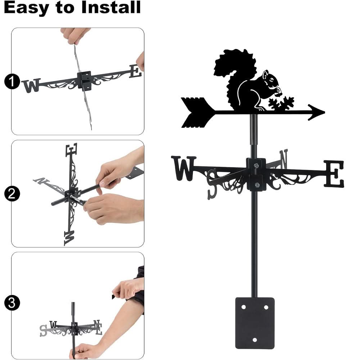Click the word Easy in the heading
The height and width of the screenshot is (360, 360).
pos(26,8)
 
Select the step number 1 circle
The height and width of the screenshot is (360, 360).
pos(12,82)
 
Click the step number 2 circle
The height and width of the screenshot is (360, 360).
pos(12,194)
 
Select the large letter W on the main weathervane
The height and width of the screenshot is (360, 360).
pos(184,168)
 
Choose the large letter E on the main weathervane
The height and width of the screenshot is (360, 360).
pos(334,174)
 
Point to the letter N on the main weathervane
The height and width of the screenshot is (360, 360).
pos(283,159)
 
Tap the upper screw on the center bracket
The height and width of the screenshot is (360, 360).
pos(256,166)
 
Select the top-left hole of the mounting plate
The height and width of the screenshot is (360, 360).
pos(243,307)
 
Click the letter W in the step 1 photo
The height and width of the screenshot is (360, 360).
pos(31,86)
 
